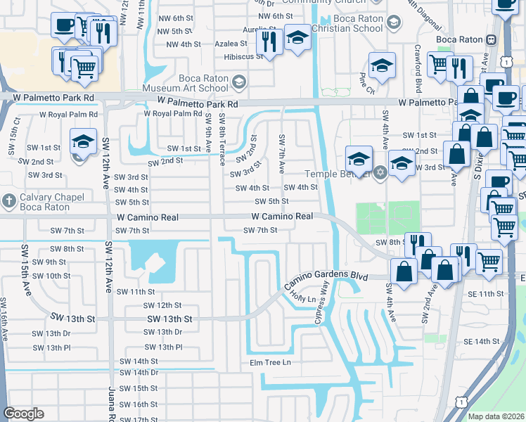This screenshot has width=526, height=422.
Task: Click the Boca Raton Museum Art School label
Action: (185, 83)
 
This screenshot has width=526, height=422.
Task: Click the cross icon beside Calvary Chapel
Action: (8, 198)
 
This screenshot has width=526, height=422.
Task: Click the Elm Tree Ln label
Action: (265, 362)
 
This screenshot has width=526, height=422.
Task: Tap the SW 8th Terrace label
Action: (222, 139)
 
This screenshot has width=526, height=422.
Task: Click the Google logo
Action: (24, 414)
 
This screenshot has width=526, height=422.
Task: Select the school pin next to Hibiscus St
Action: (297, 39)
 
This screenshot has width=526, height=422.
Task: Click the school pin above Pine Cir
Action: (383, 66)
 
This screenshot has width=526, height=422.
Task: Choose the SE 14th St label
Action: (481, 341)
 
